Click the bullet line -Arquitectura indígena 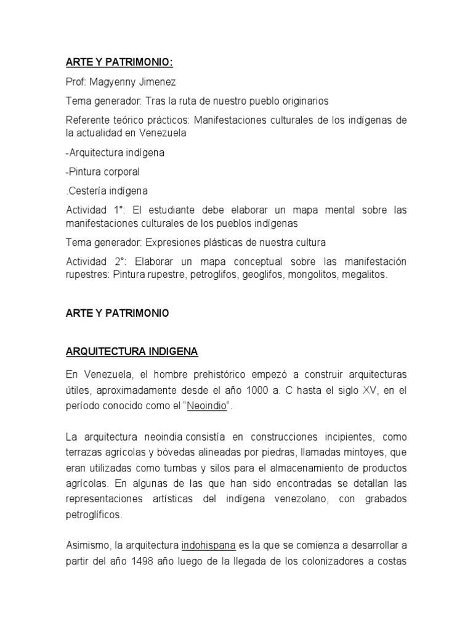point(115,152)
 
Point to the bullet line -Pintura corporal point(103,171)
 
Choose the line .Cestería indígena point(107,191)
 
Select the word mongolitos point(313,275)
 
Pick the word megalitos point(366,275)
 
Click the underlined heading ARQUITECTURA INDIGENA point(132,352)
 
